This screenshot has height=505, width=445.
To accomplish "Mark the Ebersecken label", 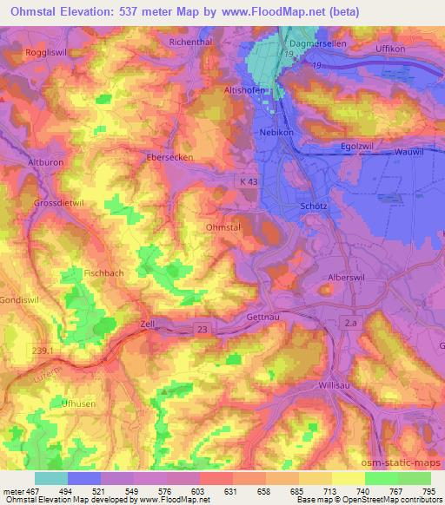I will click(169, 158).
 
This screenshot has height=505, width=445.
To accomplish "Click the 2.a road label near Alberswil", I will click(349, 322).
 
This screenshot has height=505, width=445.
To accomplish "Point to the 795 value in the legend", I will click(426, 491).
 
